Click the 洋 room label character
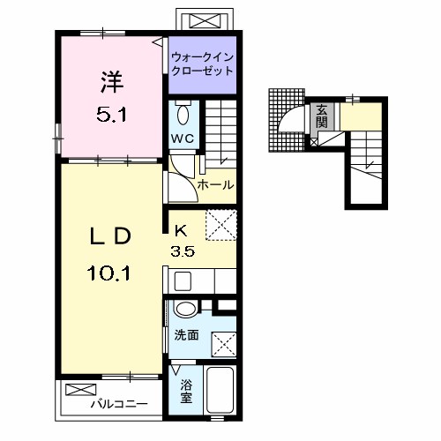[x=112, y=82]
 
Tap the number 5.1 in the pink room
[x=112, y=115]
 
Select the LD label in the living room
[x=110, y=236]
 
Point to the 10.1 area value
[x=108, y=273]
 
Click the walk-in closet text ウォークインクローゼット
[x=202, y=64]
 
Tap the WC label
[x=183, y=138]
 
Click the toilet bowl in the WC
[x=183, y=115]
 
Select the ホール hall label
[x=215, y=185]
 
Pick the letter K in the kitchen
[x=181, y=231]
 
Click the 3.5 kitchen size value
[x=183, y=251]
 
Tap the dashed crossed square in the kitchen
[x=221, y=225]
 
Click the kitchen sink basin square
[x=183, y=281]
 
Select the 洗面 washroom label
[x=186, y=335]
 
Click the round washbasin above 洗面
[x=185, y=309]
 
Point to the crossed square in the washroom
[x=224, y=345]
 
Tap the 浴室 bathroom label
[x=186, y=392]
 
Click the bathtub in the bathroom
[x=220, y=390]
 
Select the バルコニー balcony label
[x=119, y=404]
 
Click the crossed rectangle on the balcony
[x=81, y=390]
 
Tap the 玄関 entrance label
[x=322, y=116]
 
